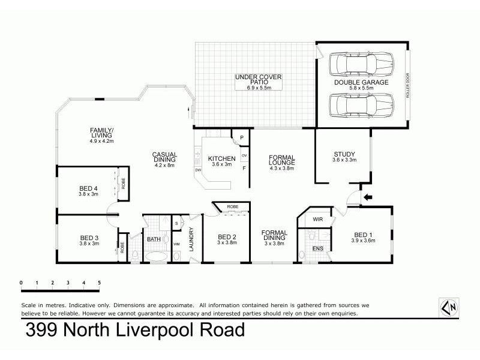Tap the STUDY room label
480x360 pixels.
point(344,154)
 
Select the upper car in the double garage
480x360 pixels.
point(361,64)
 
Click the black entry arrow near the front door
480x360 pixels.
point(368,196)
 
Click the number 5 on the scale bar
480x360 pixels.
point(99,282)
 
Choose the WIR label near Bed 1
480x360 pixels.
point(318,220)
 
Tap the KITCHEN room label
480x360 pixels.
point(220,158)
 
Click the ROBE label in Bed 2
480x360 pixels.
point(232,208)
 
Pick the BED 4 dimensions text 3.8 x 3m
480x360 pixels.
point(88,194)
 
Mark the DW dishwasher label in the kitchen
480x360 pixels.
point(197,170)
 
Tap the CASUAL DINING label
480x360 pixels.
point(164,158)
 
